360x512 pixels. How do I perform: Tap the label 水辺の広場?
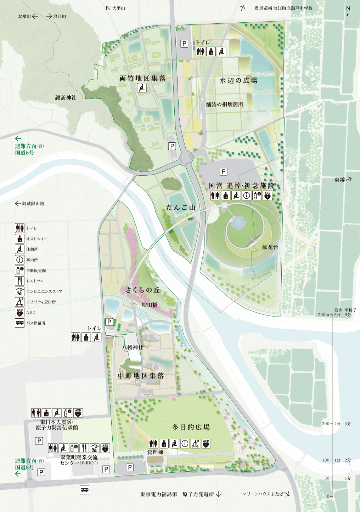pyautogui.click(x=238, y=80)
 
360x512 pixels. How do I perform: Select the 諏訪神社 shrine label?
pyautogui.click(x=66, y=97)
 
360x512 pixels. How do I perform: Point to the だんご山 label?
pyautogui.click(x=181, y=207)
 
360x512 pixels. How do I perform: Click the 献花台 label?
pyautogui.click(x=270, y=247)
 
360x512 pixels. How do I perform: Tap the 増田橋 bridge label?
pyautogui.click(x=150, y=305)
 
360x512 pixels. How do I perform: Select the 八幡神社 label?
pyautogui.click(x=133, y=347)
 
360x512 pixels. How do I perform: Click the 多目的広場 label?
pyautogui.click(x=191, y=427)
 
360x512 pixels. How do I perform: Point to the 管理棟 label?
pyautogui.click(x=155, y=452)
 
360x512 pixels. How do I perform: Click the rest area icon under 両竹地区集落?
pyautogui.click(x=142, y=87)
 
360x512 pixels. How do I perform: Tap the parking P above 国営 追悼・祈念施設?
pyautogui.click(x=223, y=172)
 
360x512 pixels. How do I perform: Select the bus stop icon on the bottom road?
pyautogui.click(x=84, y=490)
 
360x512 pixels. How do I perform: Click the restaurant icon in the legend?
pyautogui.click(x=19, y=281)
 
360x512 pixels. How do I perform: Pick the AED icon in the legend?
pyautogui.click(x=19, y=312)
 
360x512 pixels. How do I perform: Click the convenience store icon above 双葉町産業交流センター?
pyautogui.click(x=95, y=448)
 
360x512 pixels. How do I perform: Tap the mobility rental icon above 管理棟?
pyautogui.click(x=195, y=443)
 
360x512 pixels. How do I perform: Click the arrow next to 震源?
pyautogui.click(x=349, y=180)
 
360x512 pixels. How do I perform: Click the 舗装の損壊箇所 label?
pyautogui.click(x=225, y=104)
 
